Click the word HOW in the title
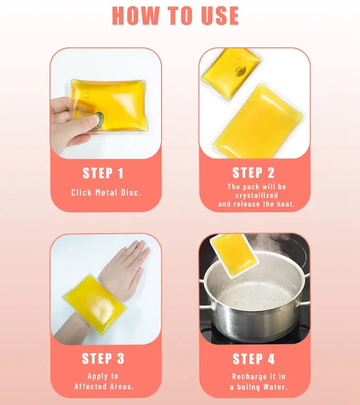point(136,15)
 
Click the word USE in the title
point(220,15)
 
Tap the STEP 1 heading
point(103,173)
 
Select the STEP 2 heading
point(253,173)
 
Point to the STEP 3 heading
point(103,359)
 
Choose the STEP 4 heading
point(254,359)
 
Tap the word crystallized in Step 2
point(257,195)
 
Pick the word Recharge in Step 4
point(246,377)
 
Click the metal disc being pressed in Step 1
point(99,120)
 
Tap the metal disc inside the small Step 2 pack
point(240,71)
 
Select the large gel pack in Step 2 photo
point(258,121)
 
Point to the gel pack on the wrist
point(94,304)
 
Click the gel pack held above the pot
point(234,254)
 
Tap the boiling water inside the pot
point(255,294)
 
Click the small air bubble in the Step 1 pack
point(87,95)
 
